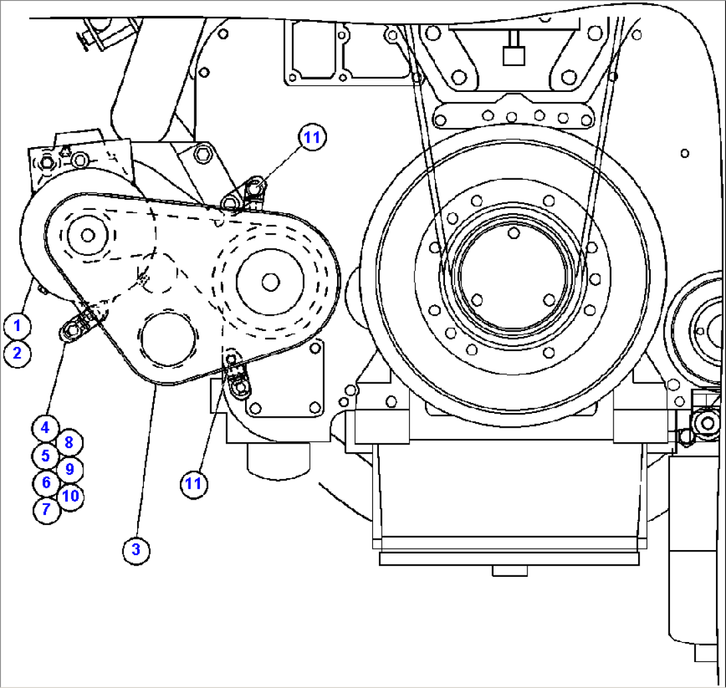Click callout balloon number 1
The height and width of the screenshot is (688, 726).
pyautogui.click(x=17, y=326)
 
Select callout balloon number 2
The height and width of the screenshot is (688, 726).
pyautogui.click(x=17, y=352)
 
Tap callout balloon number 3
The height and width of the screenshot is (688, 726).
pyautogui.click(x=136, y=549)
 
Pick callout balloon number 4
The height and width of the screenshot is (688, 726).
pyautogui.click(x=45, y=428)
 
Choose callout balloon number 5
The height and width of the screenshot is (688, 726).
pyautogui.click(x=45, y=456)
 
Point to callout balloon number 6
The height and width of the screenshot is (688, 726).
pyautogui.click(x=45, y=482)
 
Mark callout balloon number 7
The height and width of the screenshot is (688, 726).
pyautogui.click(x=45, y=510)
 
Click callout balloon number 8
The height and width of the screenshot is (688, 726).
pyautogui.click(x=69, y=442)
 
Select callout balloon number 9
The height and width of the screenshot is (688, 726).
pyautogui.click(x=69, y=468)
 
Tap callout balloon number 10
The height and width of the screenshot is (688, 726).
pyautogui.click(x=71, y=496)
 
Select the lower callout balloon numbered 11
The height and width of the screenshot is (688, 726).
pyautogui.click(x=193, y=483)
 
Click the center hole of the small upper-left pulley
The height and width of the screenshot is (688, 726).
pyautogui.click(x=87, y=234)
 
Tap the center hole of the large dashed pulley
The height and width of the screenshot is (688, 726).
pyautogui.click(x=270, y=282)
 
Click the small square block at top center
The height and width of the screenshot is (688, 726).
pyautogui.click(x=513, y=55)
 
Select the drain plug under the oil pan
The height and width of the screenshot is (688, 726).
pyautogui.click(x=510, y=571)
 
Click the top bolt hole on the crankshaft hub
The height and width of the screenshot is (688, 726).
pyautogui.click(x=513, y=232)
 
